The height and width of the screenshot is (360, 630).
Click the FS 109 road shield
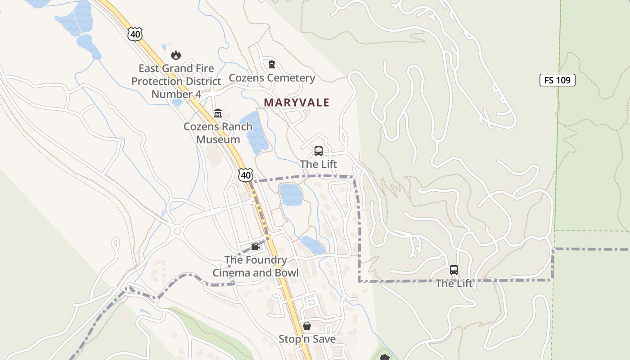(557, 80)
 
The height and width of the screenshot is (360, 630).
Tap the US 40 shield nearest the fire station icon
(135, 34)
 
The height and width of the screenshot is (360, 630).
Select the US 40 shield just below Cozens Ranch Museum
(246, 175)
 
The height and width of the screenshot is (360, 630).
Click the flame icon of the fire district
(175, 55)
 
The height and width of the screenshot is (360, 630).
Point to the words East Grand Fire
(176, 68)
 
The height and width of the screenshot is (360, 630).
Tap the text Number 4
(176, 94)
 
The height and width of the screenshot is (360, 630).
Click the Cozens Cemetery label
(272, 78)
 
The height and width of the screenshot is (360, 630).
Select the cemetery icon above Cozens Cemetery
(271, 65)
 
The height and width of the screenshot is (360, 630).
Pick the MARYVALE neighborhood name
(297, 103)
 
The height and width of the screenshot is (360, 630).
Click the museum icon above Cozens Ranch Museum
(218, 113)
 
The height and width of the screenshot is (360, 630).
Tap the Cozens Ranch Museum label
(218, 133)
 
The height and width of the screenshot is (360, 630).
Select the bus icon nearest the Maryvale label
(319, 151)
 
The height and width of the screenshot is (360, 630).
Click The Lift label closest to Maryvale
(319, 164)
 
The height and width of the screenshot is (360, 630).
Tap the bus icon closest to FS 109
(454, 270)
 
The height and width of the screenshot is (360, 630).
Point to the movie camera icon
(255, 246)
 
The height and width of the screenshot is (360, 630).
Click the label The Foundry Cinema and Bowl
(256, 266)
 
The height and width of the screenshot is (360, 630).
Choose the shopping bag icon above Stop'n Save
(307, 326)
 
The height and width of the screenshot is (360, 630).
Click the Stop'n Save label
(307, 339)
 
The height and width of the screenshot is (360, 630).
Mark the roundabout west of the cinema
(176, 232)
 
